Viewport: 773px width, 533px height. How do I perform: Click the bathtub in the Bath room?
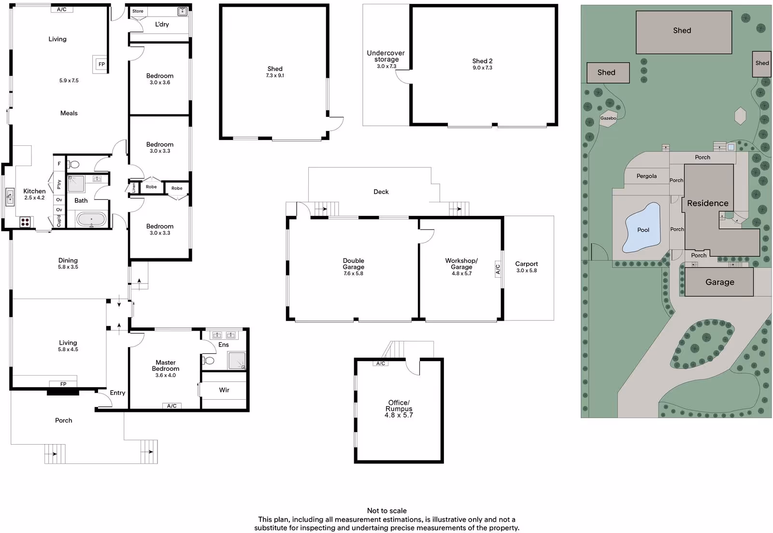pyautogui.click(x=91, y=219)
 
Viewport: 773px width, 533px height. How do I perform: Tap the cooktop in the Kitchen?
pyautogui.click(x=25, y=222)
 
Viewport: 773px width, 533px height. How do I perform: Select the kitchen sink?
pyautogui.click(x=10, y=197)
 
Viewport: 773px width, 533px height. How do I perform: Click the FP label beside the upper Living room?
pyautogui.click(x=101, y=64)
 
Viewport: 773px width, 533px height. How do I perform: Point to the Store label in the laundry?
pyautogui.click(x=138, y=11)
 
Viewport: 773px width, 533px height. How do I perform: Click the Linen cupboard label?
pyautogui.click(x=134, y=187)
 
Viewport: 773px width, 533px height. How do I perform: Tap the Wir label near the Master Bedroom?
pyautogui.click(x=224, y=390)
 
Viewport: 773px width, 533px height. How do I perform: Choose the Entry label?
pyautogui.click(x=117, y=393)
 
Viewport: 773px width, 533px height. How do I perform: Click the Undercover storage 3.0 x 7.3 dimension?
pyautogui.click(x=386, y=66)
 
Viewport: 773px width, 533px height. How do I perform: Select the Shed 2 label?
pyautogui.click(x=483, y=61)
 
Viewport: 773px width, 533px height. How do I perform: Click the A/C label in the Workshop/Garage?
pyautogui.click(x=498, y=268)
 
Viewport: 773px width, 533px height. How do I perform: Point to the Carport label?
pyautogui.click(x=527, y=264)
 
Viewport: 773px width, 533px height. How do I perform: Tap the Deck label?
pyautogui.click(x=381, y=192)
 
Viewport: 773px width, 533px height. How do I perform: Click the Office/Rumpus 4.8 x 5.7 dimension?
pyautogui.click(x=399, y=415)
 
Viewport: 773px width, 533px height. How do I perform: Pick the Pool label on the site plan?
pyautogui.click(x=643, y=230)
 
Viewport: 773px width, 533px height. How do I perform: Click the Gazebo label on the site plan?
pyautogui.click(x=608, y=118)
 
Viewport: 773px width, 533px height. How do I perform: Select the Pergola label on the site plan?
pyautogui.click(x=647, y=176)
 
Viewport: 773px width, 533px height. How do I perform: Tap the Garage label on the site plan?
pyautogui.click(x=720, y=282)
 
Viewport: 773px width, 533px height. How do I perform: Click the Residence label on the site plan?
pyautogui.click(x=708, y=203)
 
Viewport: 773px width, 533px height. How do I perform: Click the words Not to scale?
pyautogui.click(x=387, y=511)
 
